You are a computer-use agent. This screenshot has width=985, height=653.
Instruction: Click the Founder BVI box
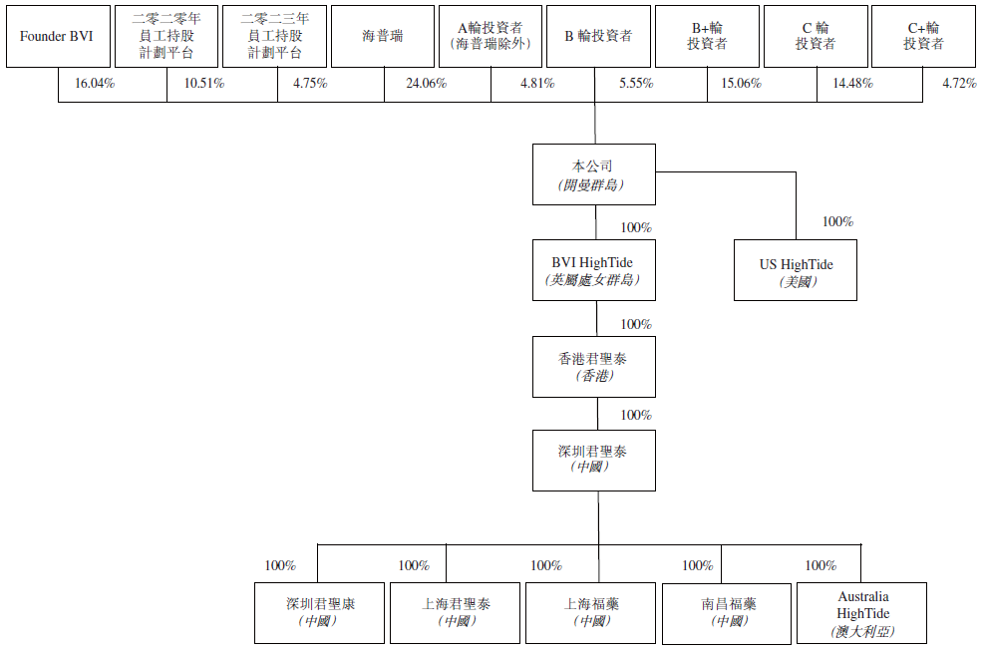56,37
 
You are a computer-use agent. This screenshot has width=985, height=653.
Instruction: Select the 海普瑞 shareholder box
383,37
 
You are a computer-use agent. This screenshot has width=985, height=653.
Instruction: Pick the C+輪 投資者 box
923,37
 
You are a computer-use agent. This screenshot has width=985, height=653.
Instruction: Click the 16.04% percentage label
95,84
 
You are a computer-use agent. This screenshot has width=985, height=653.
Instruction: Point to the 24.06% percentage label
427,84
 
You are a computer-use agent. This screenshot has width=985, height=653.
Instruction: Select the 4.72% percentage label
959,84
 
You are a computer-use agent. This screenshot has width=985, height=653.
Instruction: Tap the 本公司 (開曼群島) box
594,174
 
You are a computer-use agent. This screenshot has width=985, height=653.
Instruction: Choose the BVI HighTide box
594,270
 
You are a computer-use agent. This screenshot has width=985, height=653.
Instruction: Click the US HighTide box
796,270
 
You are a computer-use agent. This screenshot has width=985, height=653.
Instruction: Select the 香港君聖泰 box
594,366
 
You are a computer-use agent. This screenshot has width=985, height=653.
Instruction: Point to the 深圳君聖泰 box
594,460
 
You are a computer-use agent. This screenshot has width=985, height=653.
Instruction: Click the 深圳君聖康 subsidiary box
319,612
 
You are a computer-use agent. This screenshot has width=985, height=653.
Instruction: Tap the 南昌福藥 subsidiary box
729,612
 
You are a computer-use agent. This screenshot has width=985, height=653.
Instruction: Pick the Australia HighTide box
862,612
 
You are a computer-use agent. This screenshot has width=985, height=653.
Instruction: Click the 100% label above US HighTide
837,222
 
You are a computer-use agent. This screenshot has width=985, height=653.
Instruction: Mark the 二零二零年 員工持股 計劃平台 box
164,37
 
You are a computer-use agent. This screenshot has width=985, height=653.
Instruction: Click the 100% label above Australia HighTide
821,566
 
